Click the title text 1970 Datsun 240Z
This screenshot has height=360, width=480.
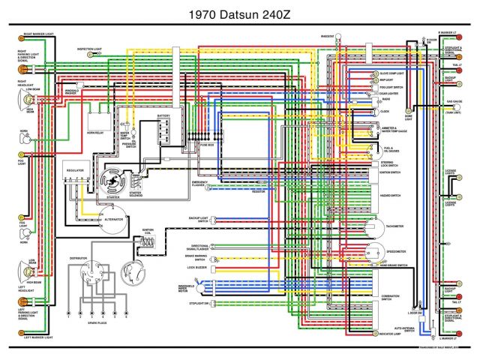pos(240,13)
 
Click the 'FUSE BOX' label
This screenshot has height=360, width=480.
pos(206,144)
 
